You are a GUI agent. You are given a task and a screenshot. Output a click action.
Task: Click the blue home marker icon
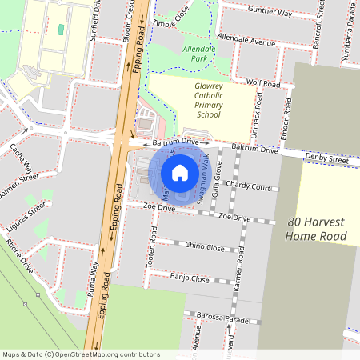click(x=180, y=173)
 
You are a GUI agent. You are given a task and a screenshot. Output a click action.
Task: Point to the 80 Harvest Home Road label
click(x=318, y=230)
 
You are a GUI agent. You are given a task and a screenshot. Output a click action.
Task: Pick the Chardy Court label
click(x=249, y=186)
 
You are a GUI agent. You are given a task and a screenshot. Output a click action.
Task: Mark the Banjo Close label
click(x=190, y=278)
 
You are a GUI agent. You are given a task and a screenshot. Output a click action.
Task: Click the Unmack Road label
click(x=258, y=111)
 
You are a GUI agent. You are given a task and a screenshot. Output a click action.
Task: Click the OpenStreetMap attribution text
click(x=82, y=354)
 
